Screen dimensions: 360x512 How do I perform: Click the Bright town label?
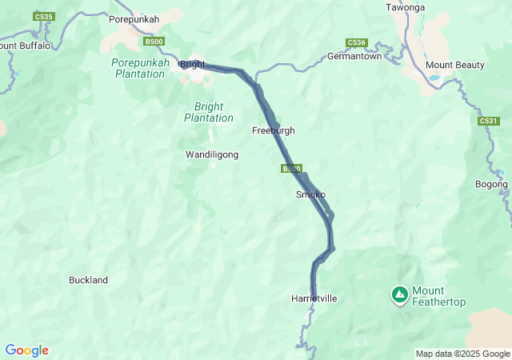[x=193, y=64]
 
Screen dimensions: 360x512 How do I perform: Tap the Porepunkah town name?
[x=134, y=18]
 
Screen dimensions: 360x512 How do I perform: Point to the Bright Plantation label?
[x=209, y=112]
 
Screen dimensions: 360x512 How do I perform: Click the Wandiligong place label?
[x=212, y=154]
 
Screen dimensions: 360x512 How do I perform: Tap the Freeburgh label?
[x=274, y=130]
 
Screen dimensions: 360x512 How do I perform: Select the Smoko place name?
[x=310, y=194]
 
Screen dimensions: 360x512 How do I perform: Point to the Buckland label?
[x=88, y=280]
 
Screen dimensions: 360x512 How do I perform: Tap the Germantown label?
[x=358, y=56]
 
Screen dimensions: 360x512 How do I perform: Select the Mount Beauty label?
[x=451, y=64]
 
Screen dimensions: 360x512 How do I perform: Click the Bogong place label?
[x=491, y=184]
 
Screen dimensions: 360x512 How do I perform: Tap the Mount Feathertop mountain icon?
[x=399, y=295]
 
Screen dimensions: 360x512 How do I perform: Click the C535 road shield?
[x=44, y=16]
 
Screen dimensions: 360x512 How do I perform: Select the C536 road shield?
[x=356, y=42]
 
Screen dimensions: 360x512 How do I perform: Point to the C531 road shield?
[x=489, y=121]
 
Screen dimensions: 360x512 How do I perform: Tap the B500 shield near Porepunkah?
[x=154, y=41]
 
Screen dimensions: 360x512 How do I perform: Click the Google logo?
[x=26, y=350]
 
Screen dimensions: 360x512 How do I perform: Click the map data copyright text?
[x=462, y=354]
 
